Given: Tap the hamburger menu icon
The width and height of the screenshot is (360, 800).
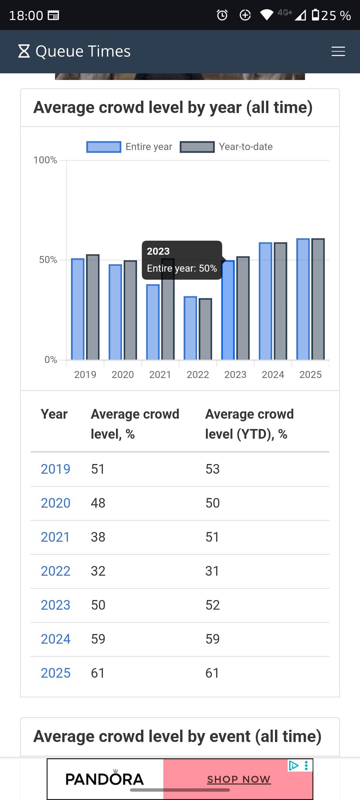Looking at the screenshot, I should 338,51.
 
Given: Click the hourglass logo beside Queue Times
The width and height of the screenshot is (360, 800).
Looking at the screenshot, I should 24,51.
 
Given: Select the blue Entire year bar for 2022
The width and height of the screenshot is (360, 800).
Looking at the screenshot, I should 190,328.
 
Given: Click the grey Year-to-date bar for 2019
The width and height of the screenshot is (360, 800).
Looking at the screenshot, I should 93,307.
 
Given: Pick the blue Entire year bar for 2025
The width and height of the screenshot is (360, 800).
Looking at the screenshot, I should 303,299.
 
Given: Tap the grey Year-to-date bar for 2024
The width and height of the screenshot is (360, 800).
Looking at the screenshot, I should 281,301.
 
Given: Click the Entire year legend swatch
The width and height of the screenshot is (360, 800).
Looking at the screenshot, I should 104,147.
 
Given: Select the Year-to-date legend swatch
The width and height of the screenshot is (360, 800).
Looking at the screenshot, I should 197,147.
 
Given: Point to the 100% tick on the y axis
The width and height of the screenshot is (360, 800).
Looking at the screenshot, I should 45,160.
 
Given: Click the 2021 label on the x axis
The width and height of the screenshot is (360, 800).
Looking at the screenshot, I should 160,375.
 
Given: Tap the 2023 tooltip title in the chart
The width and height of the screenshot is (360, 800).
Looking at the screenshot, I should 158,251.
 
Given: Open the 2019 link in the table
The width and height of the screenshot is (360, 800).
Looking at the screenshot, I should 55,469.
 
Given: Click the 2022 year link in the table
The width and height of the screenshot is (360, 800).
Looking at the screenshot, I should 55,571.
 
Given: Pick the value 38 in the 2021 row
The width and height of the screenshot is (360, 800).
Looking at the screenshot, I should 98,537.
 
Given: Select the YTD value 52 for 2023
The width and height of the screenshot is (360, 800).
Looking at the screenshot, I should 213,605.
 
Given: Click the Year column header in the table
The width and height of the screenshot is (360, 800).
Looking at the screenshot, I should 54,414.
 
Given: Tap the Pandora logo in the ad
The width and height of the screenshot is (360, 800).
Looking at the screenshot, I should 105,779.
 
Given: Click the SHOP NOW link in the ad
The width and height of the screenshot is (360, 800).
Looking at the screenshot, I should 239,779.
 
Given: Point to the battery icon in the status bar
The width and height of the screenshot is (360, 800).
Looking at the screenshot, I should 315,15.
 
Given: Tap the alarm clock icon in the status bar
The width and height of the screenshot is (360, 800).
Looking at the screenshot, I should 222,15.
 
